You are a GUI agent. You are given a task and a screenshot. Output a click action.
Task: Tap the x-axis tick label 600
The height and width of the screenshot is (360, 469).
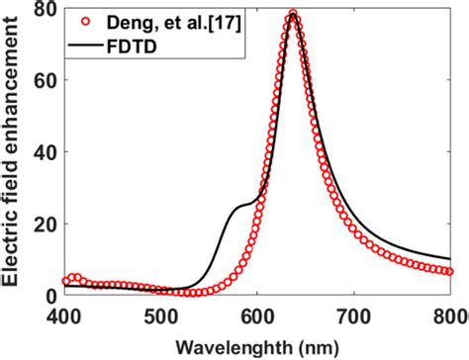click(x=257, y=315)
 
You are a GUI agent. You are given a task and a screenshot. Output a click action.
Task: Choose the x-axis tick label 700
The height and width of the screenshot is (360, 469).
click(x=354, y=315)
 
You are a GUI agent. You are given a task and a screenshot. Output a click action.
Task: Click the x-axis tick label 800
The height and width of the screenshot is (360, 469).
click(x=448, y=315)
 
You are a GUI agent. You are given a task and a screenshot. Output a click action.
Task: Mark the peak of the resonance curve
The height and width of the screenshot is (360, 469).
click(x=293, y=15)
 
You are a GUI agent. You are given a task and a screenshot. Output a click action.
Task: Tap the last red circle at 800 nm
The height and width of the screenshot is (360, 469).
click(x=451, y=271)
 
